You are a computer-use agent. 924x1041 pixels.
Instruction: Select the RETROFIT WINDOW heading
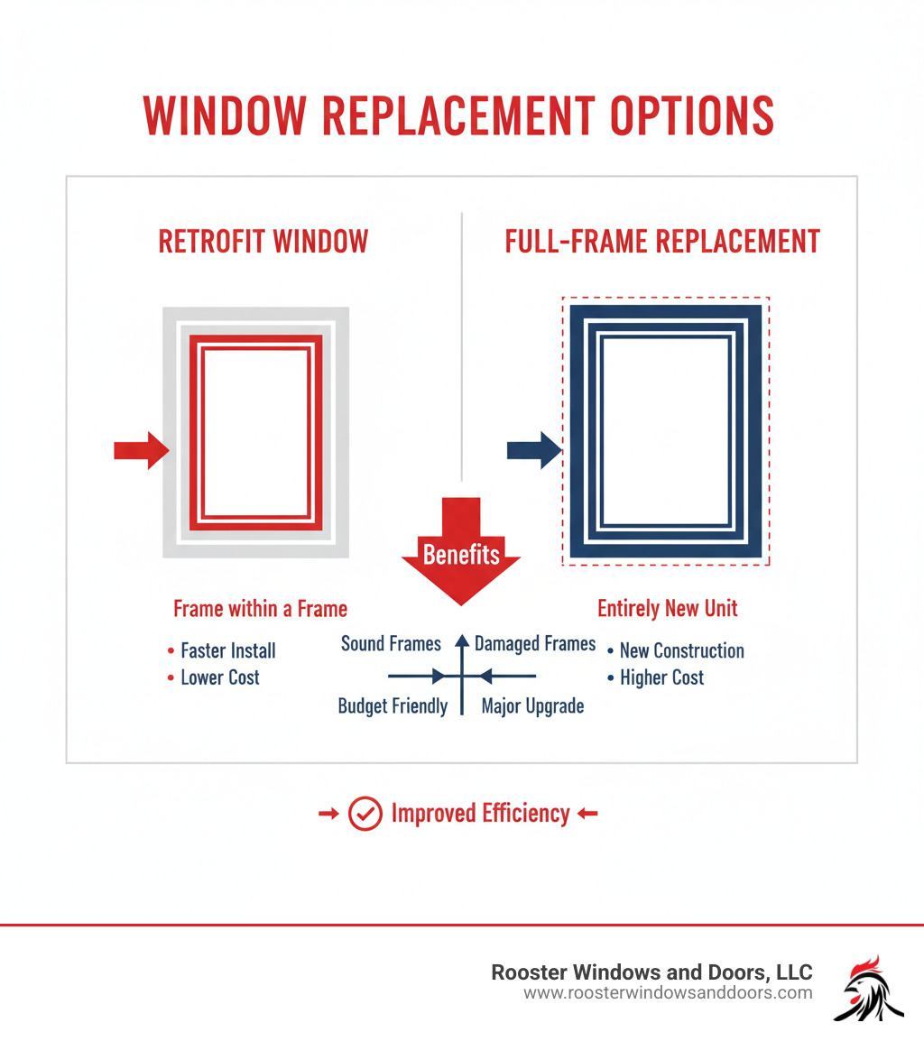pyautogui.click(x=263, y=242)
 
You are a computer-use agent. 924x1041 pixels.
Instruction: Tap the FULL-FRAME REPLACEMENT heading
pyautogui.click(x=662, y=242)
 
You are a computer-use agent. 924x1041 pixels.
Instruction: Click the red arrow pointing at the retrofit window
pyautogui.click(x=141, y=450)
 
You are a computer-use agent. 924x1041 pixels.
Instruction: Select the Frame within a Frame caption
pyautogui.click(x=260, y=609)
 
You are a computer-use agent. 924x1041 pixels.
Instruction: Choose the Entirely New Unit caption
pyautogui.click(x=667, y=609)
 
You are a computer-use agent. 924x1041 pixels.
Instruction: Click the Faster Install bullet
pyautogui.click(x=227, y=650)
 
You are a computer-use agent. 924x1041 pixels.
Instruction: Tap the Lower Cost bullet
pyautogui.click(x=219, y=677)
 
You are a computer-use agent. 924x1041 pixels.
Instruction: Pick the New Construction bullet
pyautogui.click(x=681, y=650)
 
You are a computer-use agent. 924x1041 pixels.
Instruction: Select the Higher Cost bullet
pyautogui.click(x=661, y=677)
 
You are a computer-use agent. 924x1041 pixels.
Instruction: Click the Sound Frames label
pyautogui.click(x=391, y=644)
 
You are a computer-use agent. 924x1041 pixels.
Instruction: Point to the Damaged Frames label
pyautogui.click(x=535, y=644)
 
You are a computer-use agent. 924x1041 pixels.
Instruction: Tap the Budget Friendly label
pyautogui.click(x=393, y=706)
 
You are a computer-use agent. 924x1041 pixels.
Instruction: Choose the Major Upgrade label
pyautogui.click(x=532, y=706)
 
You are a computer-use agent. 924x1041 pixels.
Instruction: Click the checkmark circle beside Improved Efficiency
pyautogui.click(x=365, y=814)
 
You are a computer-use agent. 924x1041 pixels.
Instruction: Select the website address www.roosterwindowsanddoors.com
pyautogui.click(x=668, y=993)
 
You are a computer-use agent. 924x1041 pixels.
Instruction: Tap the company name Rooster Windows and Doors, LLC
pyautogui.click(x=651, y=972)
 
